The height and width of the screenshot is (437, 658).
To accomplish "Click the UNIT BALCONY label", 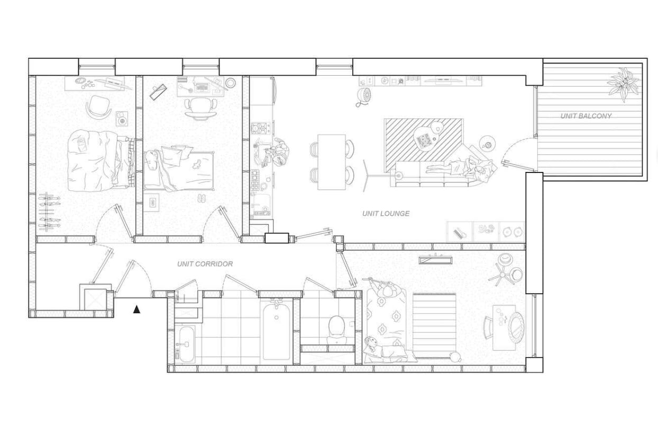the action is [586, 116].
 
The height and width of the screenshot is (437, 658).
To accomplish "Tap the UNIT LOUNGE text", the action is [386, 214].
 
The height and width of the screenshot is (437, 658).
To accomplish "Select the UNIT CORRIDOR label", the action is [205, 264].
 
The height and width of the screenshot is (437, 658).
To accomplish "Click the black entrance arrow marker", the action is [136, 309].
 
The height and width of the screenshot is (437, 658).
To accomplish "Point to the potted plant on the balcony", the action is [623, 85].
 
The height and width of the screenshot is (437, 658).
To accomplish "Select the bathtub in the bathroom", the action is [276, 331].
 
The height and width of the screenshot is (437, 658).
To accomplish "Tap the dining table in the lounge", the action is [332, 162].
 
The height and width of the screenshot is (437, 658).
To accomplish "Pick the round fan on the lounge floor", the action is [364, 96].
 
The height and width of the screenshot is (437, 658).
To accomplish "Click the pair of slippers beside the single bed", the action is [202, 198].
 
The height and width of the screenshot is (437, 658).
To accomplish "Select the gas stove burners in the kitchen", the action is [260, 128].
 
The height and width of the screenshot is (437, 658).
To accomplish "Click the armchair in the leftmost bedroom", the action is [99, 107].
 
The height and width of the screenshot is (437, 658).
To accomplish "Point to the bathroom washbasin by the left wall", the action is [186, 344].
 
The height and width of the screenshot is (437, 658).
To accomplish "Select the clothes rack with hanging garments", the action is [49, 211].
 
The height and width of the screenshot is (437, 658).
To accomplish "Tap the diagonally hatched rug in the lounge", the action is [424, 145].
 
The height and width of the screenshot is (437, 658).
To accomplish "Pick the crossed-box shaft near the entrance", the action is [95, 299].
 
